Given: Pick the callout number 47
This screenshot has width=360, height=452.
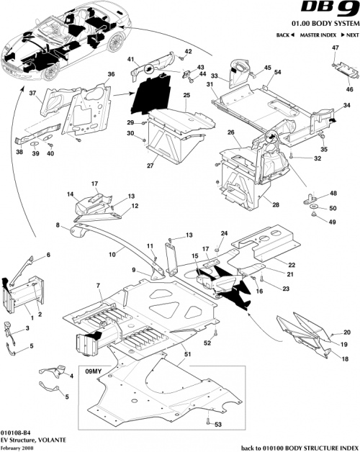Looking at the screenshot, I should tap(335, 48).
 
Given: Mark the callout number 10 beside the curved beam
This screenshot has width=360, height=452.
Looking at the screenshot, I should tap(112, 255).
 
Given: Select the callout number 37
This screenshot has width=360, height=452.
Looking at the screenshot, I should tap(32, 93).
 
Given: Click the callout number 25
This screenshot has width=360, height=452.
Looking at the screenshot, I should tap(186, 95).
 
